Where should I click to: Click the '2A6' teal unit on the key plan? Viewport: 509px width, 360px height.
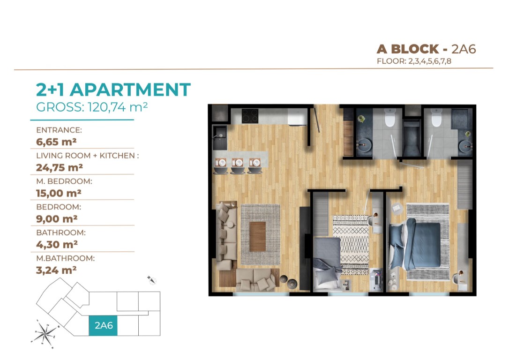tap(103, 326)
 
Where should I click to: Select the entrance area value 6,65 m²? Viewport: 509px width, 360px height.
tap(56, 142)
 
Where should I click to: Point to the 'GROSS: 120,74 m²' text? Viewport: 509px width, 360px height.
tap(92, 107)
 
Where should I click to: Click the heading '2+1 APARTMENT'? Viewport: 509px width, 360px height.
tap(113, 90)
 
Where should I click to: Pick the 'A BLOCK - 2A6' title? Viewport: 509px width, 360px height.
tap(426, 49)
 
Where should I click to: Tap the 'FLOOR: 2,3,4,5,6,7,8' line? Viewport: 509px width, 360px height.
tap(414, 61)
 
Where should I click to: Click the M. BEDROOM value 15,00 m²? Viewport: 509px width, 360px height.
tap(59, 193)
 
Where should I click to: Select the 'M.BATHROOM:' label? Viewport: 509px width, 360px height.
tap(65, 258)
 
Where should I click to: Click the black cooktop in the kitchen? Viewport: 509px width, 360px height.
tap(250, 116)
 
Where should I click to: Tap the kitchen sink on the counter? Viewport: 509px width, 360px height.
tap(220, 137)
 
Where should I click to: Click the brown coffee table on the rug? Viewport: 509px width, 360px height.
tap(257, 236)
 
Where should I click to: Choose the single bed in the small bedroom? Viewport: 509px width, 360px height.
tap(327, 263)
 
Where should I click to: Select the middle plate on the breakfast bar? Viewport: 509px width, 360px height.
tap(238, 162)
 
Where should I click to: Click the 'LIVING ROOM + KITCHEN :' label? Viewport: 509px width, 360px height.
tap(87, 156)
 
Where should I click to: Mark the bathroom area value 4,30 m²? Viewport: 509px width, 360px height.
tap(57, 244)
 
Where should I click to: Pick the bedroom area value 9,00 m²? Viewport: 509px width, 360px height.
tap(57, 219)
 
